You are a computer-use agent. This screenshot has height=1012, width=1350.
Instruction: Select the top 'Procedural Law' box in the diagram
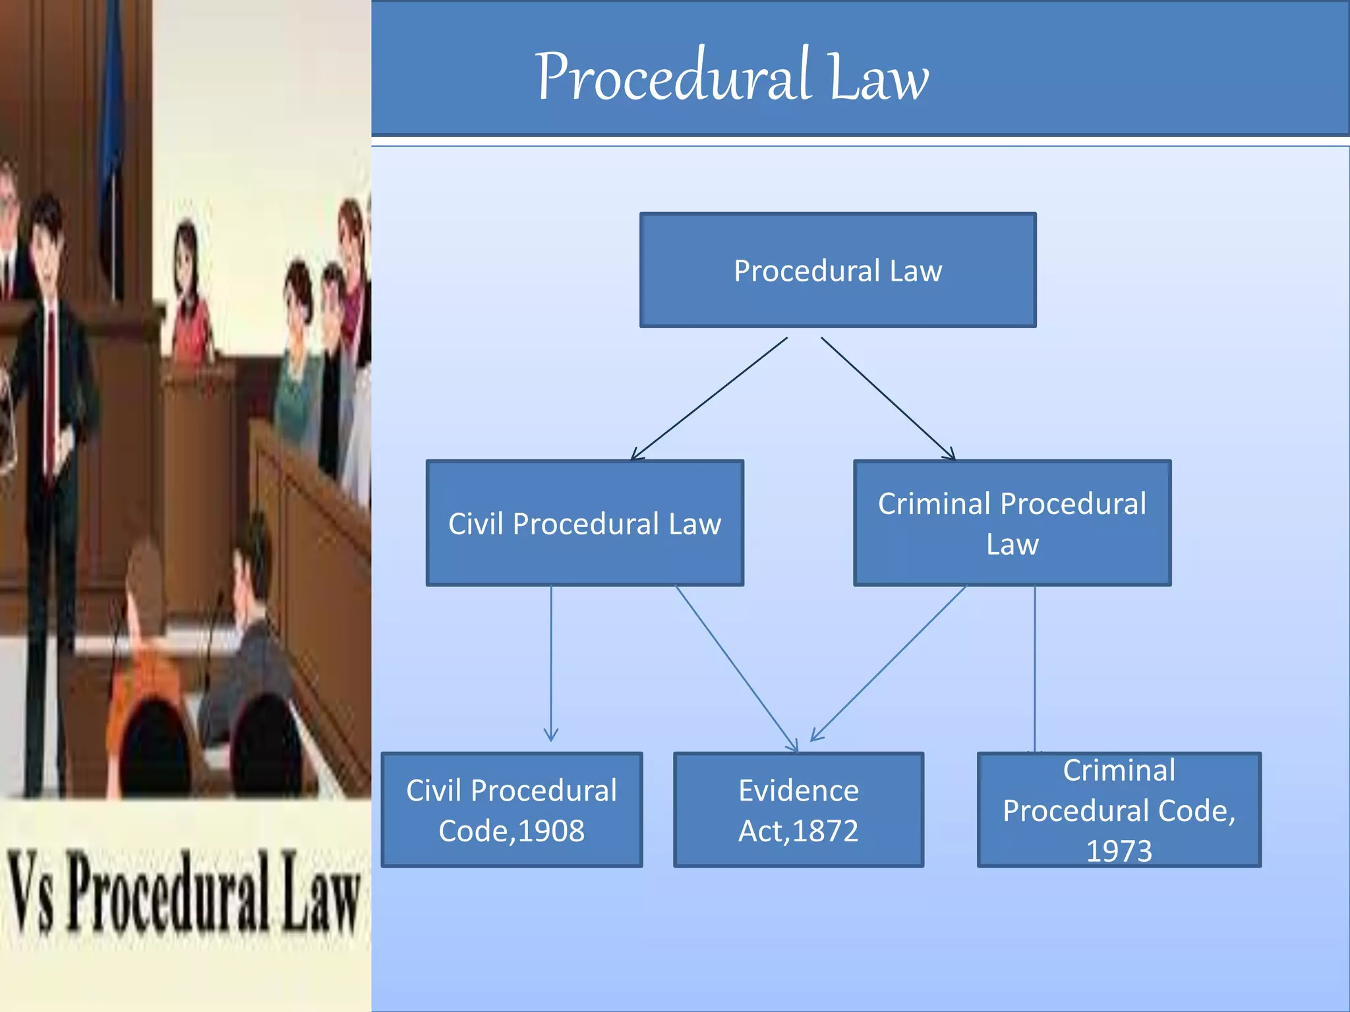838,270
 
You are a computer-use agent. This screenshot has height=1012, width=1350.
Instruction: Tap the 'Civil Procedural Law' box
585,523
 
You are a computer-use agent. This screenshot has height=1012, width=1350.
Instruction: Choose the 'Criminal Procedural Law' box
1012,523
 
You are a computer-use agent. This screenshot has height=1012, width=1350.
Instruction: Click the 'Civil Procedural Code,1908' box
512,810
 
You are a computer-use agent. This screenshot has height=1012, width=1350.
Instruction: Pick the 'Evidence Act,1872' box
798,810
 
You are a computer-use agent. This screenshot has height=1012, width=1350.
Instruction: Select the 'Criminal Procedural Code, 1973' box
1119,810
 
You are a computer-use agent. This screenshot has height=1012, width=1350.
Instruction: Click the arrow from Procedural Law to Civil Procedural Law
709,399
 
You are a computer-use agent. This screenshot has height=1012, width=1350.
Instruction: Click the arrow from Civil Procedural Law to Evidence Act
736,668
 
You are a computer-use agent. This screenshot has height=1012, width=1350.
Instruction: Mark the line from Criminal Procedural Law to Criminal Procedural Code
1035,668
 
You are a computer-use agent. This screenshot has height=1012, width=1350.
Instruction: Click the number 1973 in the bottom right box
1119,851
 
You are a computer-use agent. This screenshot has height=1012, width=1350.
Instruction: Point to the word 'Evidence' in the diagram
798,791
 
